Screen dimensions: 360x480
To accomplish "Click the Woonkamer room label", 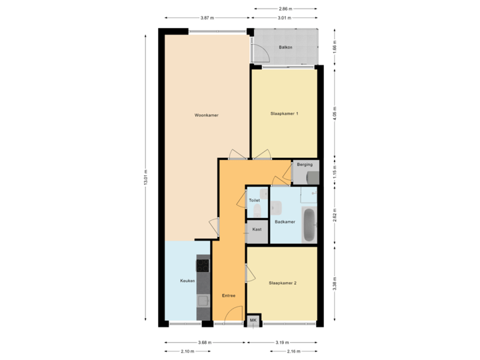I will click(x=207, y=115).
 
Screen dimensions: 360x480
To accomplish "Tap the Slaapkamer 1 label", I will click(x=284, y=113).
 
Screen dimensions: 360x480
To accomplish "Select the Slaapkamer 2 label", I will click(x=283, y=283).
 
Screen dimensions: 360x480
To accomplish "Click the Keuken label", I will click(x=187, y=281).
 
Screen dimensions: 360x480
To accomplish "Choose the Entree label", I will click(x=229, y=295).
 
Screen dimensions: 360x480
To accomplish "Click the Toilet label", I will click(x=254, y=200).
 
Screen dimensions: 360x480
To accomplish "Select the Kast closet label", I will click(x=256, y=229).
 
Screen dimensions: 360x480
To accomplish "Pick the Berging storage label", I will click(x=305, y=164).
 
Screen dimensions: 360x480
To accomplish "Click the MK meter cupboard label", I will click(x=253, y=321).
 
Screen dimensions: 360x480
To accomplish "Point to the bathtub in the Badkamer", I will click(x=309, y=226).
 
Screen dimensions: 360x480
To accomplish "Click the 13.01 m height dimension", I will click(x=145, y=177).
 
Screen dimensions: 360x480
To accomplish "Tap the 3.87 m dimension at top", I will click(x=207, y=17).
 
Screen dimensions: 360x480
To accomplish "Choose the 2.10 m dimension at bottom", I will click(x=187, y=351).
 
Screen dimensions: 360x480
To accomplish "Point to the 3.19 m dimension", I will click(x=282, y=343).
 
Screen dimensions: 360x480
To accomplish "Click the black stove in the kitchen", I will click(x=202, y=265).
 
